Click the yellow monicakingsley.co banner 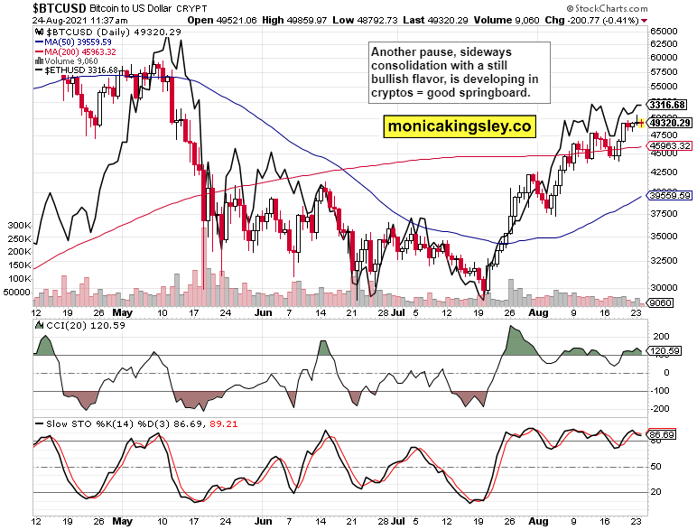click(x=458, y=126)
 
